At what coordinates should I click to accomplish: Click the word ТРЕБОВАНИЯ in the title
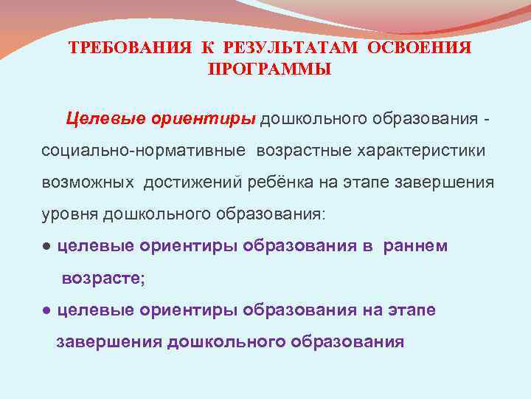(x=130, y=48)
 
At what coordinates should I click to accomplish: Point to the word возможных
(x=88, y=183)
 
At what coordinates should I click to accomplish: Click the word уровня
(x=69, y=214)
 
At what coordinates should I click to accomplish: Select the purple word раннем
(x=415, y=246)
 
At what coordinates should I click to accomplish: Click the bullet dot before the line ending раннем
(x=46, y=247)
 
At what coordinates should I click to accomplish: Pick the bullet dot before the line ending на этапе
(x=46, y=311)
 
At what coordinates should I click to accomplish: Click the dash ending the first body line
(x=484, y=119)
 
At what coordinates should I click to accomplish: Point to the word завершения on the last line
(x=109, y=342)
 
